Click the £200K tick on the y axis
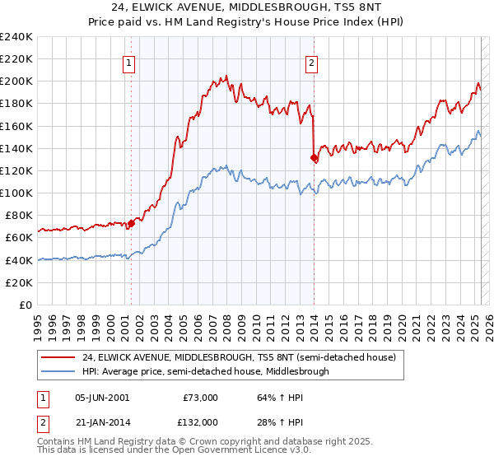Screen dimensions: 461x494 coord(18,81)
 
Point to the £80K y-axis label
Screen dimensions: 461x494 coord(18,215)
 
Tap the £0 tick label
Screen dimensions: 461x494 coord(25,305)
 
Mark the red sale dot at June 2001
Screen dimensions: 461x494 coord(131,223)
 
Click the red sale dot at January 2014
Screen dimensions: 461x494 coord(314,157)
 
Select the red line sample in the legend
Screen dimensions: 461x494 coord(58,358)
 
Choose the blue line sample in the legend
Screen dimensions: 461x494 coord(58,371)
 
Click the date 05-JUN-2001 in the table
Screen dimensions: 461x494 coord(102,398)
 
